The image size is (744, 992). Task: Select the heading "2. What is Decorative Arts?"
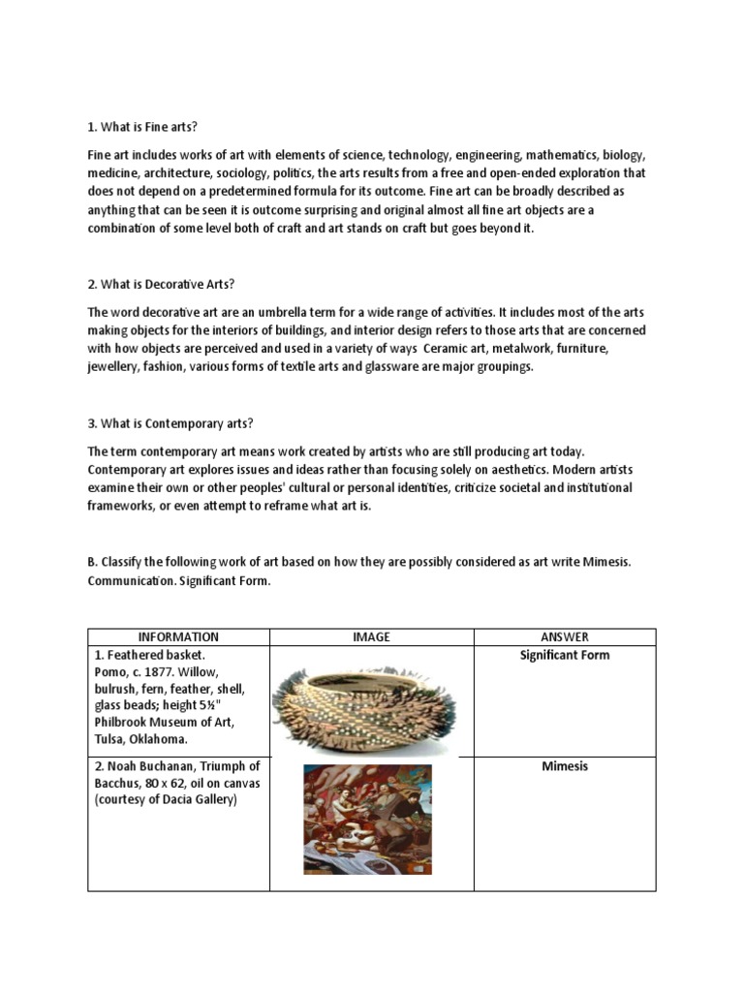(161, 284)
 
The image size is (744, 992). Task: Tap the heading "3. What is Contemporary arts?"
(170, 424)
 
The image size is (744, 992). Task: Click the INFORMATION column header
(178, 636)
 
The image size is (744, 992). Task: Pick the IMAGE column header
(371, 636)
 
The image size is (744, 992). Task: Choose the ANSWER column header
(564, 636)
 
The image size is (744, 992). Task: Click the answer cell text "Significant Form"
(564, 655)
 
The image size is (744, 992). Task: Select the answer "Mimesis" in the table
(564, 766)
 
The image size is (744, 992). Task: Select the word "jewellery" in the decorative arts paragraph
(117, 368)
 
